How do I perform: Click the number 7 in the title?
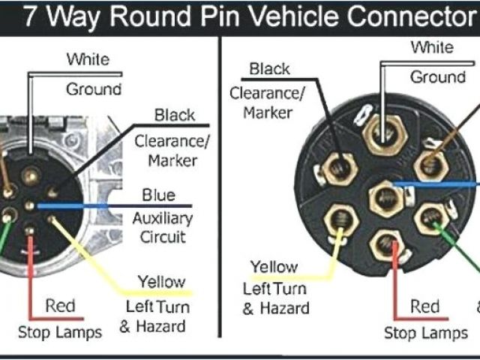tap(31, 16)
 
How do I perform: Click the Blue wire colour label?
tap(159, 196)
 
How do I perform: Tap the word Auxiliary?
tap(163, 218)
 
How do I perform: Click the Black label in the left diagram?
tap(175, 115)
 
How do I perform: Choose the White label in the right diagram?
tap(432, 48)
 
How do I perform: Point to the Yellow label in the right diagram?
tap(274, 267)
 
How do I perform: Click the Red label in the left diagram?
tap(60, 306)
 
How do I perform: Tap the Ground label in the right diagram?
tap(437, 77)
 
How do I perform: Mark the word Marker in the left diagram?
tap(172, 160)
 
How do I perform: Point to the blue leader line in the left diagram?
tap(112, 205)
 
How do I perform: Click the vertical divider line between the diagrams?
tap(221, 195)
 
